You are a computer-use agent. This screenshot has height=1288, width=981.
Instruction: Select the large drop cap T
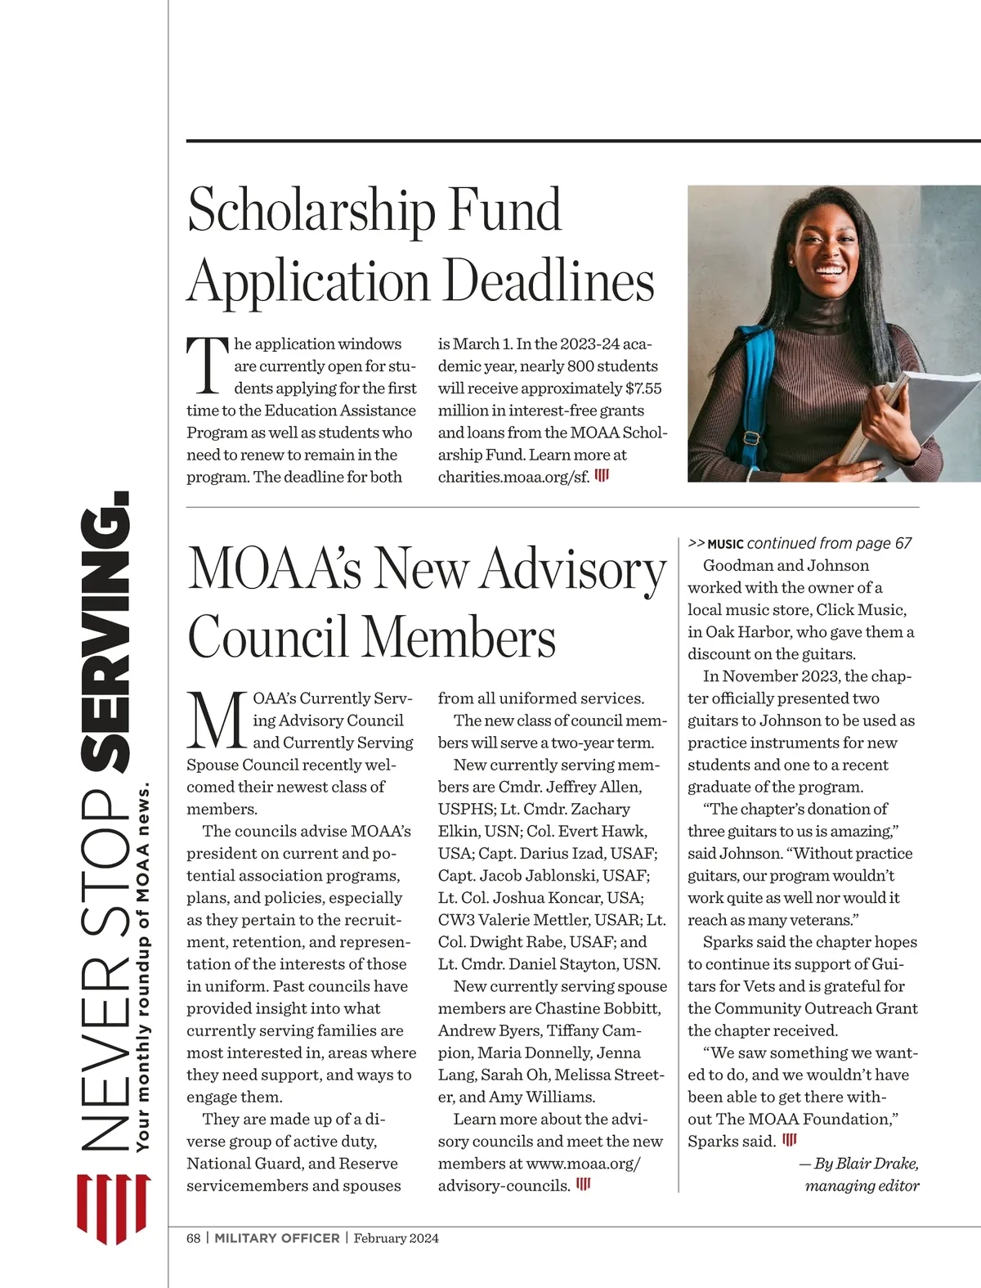click(x=206, y=366)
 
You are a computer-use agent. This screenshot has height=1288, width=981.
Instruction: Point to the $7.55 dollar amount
click(x=643, y=388)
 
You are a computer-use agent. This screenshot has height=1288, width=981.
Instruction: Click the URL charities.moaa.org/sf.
click(x=513, y=477)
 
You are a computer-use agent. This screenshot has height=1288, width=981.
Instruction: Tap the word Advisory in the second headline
click(x=573, y=569)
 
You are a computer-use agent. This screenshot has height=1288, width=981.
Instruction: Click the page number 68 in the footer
click(x=193, y=1238)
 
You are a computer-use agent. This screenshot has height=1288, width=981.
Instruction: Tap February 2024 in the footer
click(x=396, y=1238)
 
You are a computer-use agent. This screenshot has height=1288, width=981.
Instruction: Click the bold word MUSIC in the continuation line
click(x=725, y=544)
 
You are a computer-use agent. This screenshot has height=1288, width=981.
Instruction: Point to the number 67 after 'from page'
click(x=903, y=543)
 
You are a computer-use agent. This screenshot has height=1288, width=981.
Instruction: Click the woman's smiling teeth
click(x=829, y=271)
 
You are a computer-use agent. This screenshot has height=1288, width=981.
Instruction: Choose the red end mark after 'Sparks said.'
click(x=790, y=1140)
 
